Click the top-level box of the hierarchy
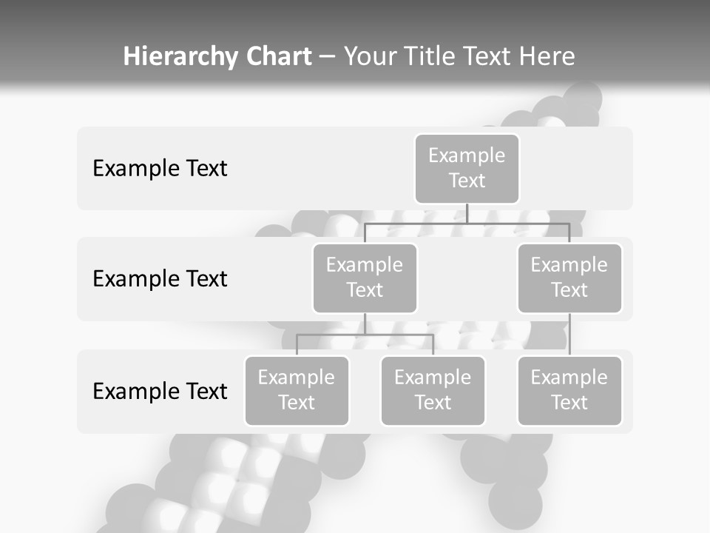click(x=467, y=168)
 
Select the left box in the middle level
click(x=365, y=278)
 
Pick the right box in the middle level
click(x=569, y=278)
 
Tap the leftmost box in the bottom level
click(x=297, y=390)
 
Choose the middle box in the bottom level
click(x=433, y=390)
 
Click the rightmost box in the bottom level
click(x=569, y=390)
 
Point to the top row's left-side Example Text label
click(x=160, y=169)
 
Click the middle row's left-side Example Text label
click(x=160, y=279)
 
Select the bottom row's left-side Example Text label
click(x=160, y=391)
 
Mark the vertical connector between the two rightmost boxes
click(x=569, y=334)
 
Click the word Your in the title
click(x=371, y=57)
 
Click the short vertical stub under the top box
click(x=467, y=213)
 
